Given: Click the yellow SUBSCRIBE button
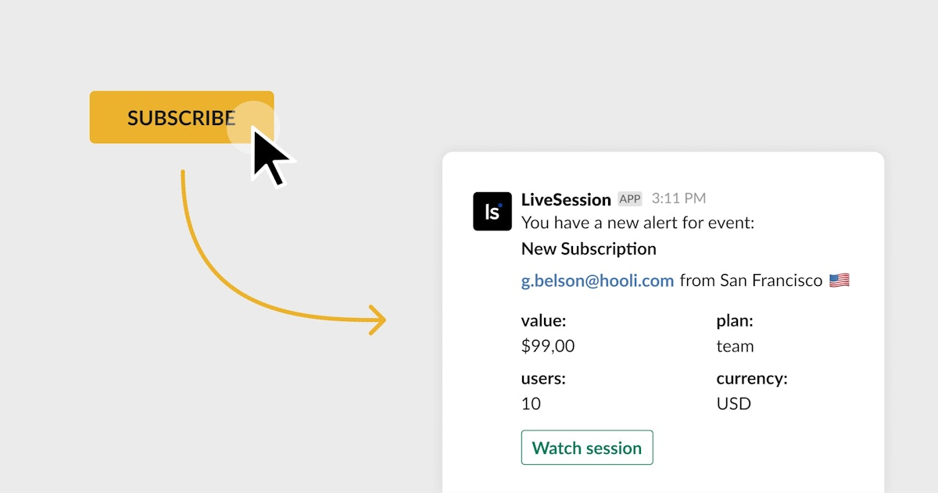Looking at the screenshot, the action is point(181,117).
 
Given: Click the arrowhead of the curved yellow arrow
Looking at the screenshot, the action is point(378,320).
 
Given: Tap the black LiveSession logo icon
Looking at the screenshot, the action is point(492,212).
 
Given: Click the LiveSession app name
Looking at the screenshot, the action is point(566,200).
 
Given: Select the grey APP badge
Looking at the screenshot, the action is point(630,198).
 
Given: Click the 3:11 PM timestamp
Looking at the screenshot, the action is point(678,198).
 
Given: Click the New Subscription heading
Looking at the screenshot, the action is point(589,249).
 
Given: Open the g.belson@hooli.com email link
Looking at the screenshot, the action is point(597,280).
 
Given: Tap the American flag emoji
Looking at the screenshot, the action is point(840,280).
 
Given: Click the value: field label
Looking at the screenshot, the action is point(543,320).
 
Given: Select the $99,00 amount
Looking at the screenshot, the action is point(548,346).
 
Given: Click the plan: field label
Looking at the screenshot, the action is point(735,321).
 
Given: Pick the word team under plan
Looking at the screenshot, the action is point(735,347).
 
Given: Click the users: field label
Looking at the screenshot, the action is point(543,378).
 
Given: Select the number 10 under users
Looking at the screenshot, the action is point(531,404).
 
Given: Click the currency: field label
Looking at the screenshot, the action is point(752,379).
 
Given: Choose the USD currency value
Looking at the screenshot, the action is point(734,404).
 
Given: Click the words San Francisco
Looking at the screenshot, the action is point(772,280).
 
